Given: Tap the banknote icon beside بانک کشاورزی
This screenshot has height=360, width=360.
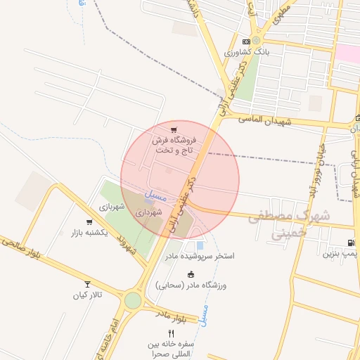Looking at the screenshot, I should [245, 41].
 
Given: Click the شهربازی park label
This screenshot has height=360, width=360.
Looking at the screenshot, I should [111, 207].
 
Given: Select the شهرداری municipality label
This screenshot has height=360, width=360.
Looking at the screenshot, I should [149, 211].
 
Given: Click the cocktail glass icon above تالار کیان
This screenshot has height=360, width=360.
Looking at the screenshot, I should [87, 284].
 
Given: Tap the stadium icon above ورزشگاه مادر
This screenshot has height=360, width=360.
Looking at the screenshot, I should [191, 274].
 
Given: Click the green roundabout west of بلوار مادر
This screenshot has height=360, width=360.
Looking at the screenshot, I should [132, 300].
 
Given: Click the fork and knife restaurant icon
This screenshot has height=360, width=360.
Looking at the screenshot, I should [171, 333].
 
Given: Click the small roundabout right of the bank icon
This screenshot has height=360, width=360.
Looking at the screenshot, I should [257, 41].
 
